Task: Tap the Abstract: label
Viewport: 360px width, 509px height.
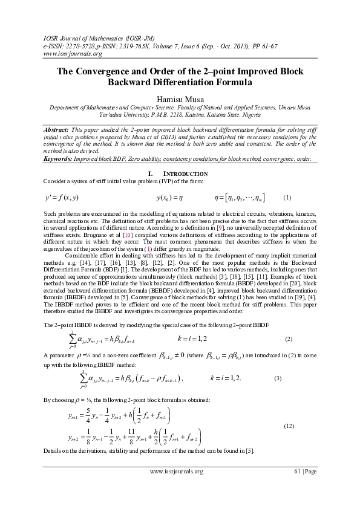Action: (x=61, y=130)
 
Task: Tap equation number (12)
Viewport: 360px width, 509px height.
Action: (x=289, y=426)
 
